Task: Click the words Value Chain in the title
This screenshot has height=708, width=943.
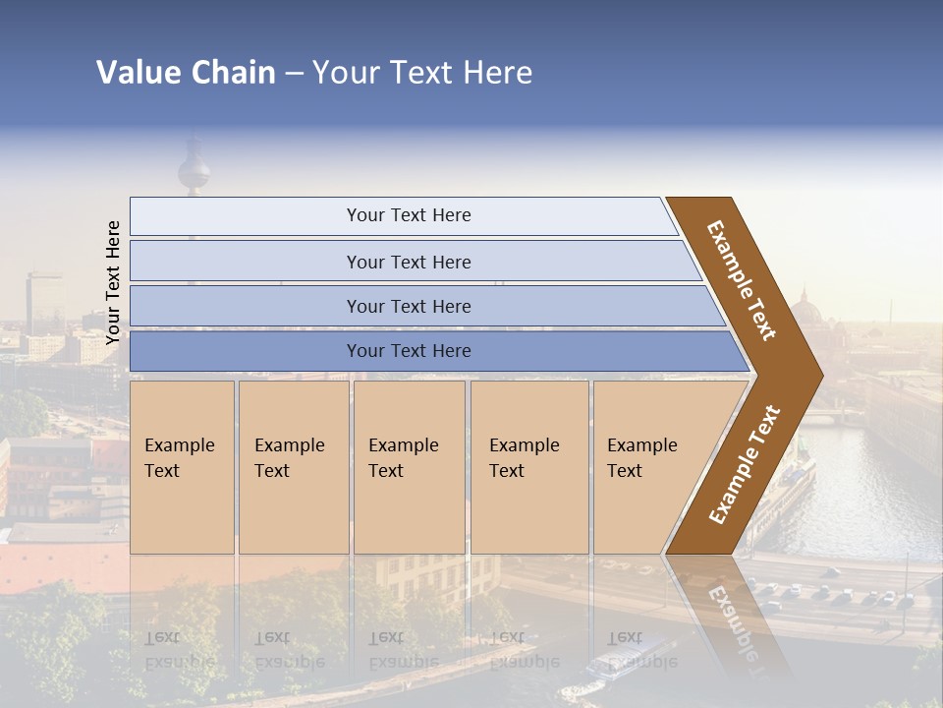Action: coord(186,73)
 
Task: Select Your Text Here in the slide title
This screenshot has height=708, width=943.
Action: coord(422,73)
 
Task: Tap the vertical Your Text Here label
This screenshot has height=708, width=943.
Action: coord(113,282)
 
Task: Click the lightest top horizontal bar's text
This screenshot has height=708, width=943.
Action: coord(409,215)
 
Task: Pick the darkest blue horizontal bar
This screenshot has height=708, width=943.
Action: coord(409,351)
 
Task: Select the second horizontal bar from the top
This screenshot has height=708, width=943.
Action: coord(409,262)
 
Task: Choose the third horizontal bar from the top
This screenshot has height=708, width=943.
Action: coord(409,306)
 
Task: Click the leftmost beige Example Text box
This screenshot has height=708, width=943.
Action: coord(182,467)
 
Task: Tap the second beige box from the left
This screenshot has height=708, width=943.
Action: coord(293,467)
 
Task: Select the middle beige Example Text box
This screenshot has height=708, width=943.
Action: coord(409,467)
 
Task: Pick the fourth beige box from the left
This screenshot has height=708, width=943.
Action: coord(529,467)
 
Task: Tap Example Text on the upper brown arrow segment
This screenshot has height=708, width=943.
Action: coord(742,280)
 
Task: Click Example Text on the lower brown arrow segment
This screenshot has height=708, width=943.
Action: coord(745,465)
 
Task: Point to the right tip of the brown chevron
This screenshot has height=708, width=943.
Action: coord(820,375)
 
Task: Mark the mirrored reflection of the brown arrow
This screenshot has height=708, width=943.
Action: coord(727,610)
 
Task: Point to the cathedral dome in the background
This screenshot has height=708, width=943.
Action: coord(806,313)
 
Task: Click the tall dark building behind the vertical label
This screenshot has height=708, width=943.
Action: coord(44,300)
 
